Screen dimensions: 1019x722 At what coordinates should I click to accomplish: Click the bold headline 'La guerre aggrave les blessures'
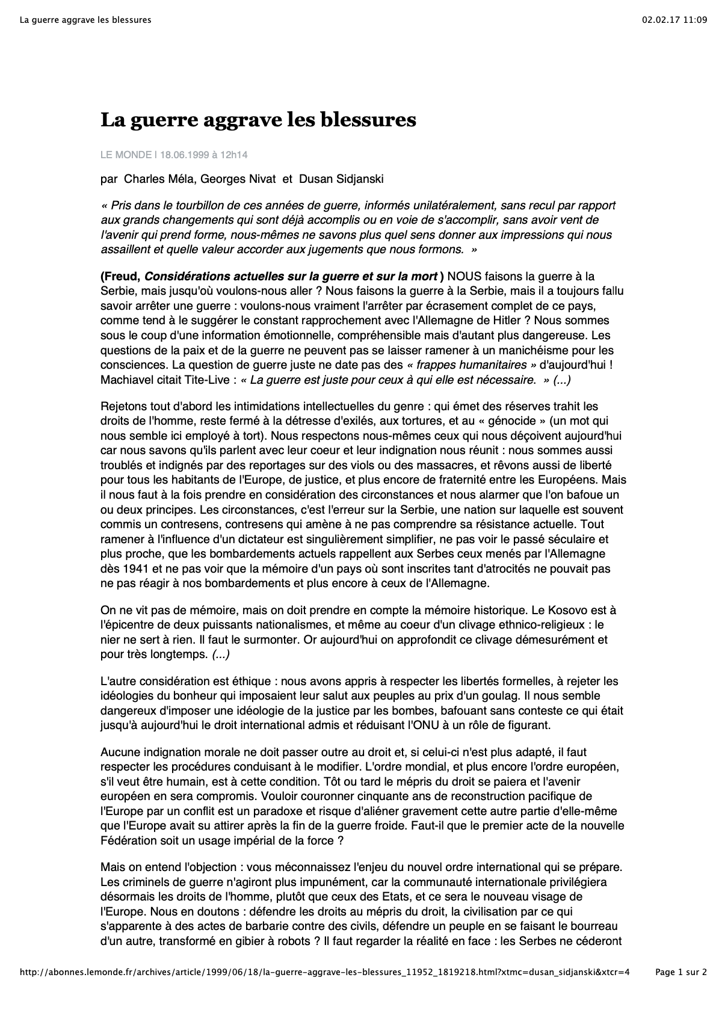(258, 120)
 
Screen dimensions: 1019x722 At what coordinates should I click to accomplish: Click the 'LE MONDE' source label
(126, 155)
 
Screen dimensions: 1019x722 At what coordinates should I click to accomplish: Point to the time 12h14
(234, 155)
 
